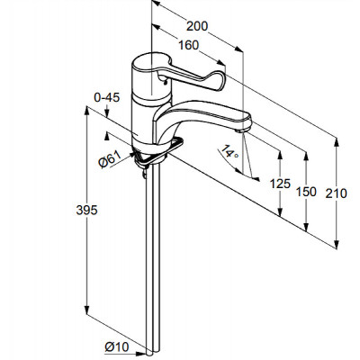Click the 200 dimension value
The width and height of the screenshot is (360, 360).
197,26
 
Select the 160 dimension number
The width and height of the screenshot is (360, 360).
189,45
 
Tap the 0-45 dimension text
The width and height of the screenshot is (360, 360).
107,97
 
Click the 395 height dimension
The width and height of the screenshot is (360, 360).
86,210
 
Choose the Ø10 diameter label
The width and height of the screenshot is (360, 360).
117,347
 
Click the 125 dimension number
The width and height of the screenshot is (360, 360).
280,184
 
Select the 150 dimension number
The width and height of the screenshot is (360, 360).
306,192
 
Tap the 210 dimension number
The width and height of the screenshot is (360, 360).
337,193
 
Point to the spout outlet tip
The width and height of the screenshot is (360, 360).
242,130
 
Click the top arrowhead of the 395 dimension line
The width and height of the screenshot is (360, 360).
86,110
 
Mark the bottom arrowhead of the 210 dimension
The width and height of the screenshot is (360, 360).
337,245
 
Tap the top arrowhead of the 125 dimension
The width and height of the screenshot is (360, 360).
280,155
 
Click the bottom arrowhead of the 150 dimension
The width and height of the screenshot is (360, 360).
306,227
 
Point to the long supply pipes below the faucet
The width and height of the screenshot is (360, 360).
153,258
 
